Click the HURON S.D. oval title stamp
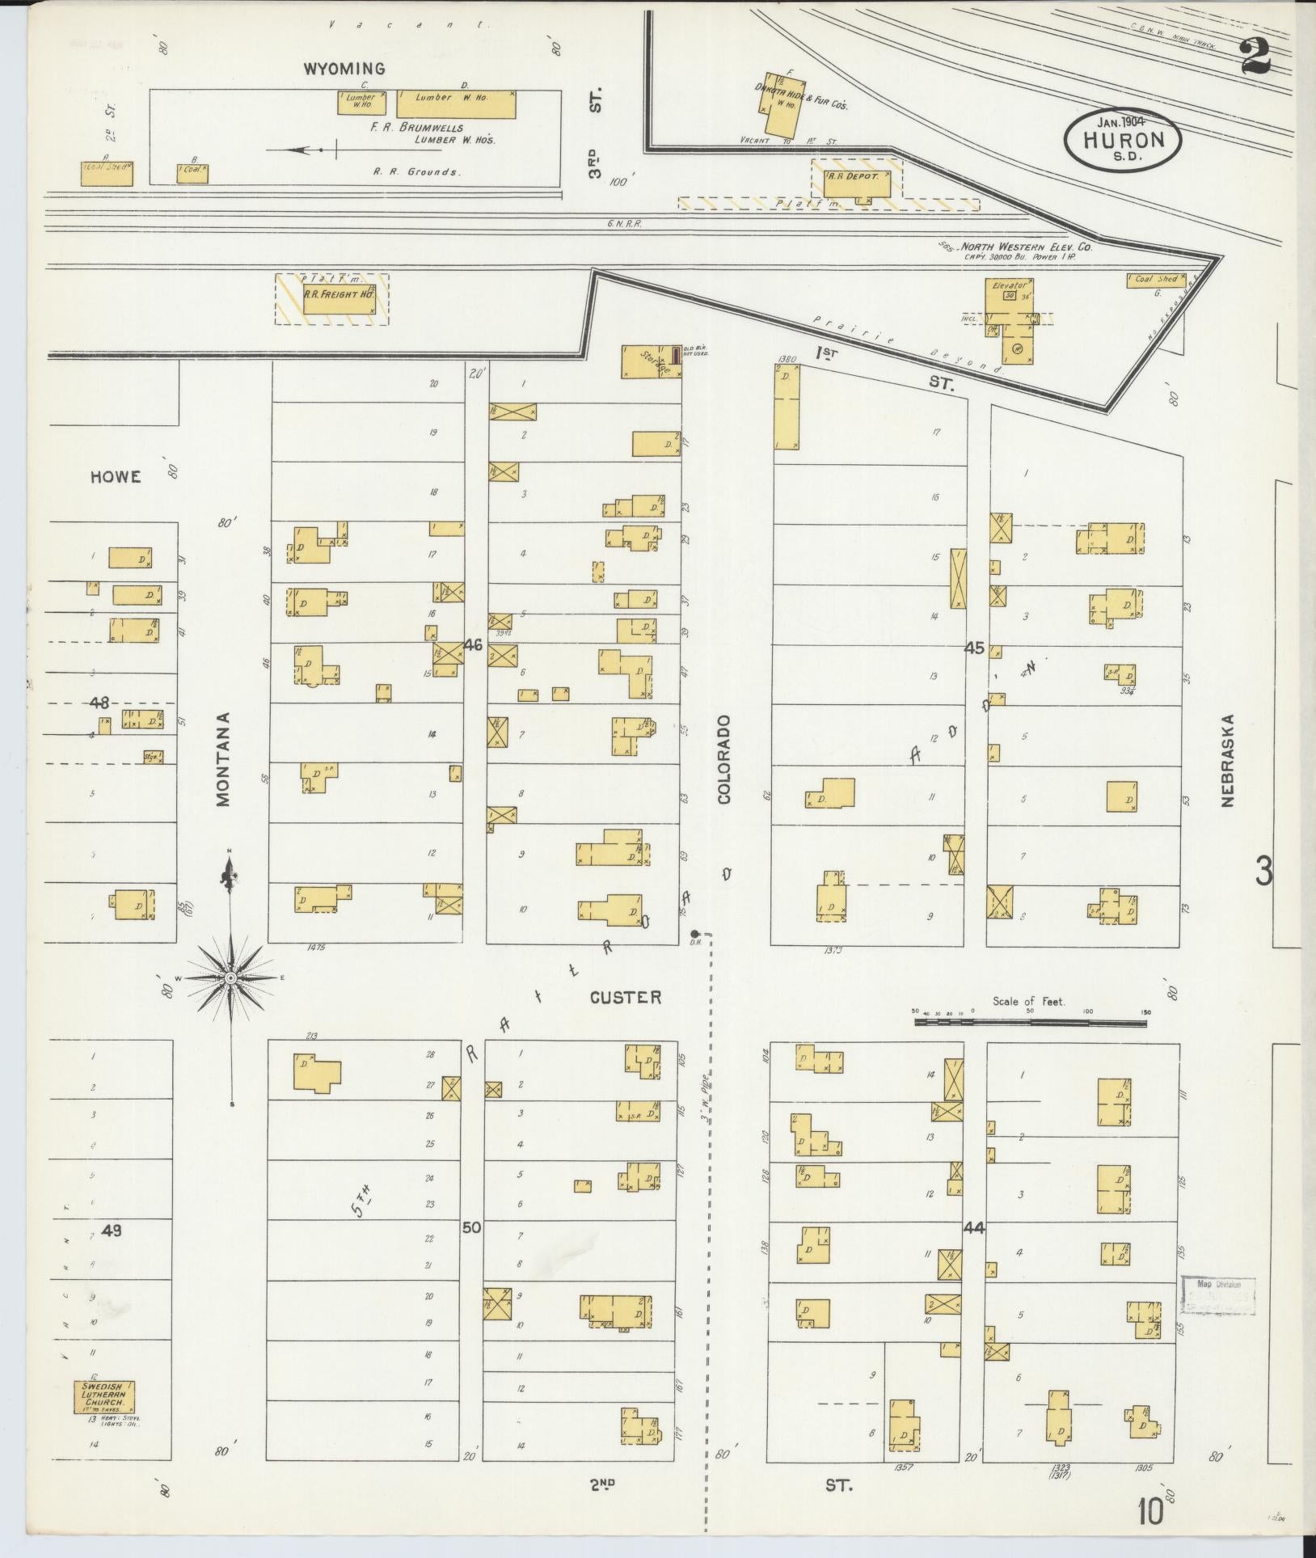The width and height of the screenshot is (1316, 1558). click(x=1123, y=140)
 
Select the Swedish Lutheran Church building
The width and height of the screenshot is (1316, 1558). click(x=104, y=1397)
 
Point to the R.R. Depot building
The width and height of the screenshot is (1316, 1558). click(x=857, y=182)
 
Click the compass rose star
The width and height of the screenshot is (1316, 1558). click(x=230, y=979)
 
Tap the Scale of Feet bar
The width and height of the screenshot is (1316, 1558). click(x=1030, y=1022)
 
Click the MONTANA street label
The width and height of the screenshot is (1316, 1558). click(x=224, y=759)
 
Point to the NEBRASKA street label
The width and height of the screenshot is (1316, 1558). click(x=1227, y=760)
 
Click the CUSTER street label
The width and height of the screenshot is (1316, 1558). click(x=625, y=998)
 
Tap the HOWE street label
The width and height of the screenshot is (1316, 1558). click(x=116, y=476)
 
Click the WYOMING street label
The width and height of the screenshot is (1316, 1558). click(x=344, y=69)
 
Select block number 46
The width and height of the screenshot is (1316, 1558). click(x=474, y=644)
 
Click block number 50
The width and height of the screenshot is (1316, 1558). click(x=471, y=1250)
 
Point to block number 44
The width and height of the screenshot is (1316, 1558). click(x=973, y=1250)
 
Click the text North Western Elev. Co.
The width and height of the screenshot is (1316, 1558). click(x=1026, y=247)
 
